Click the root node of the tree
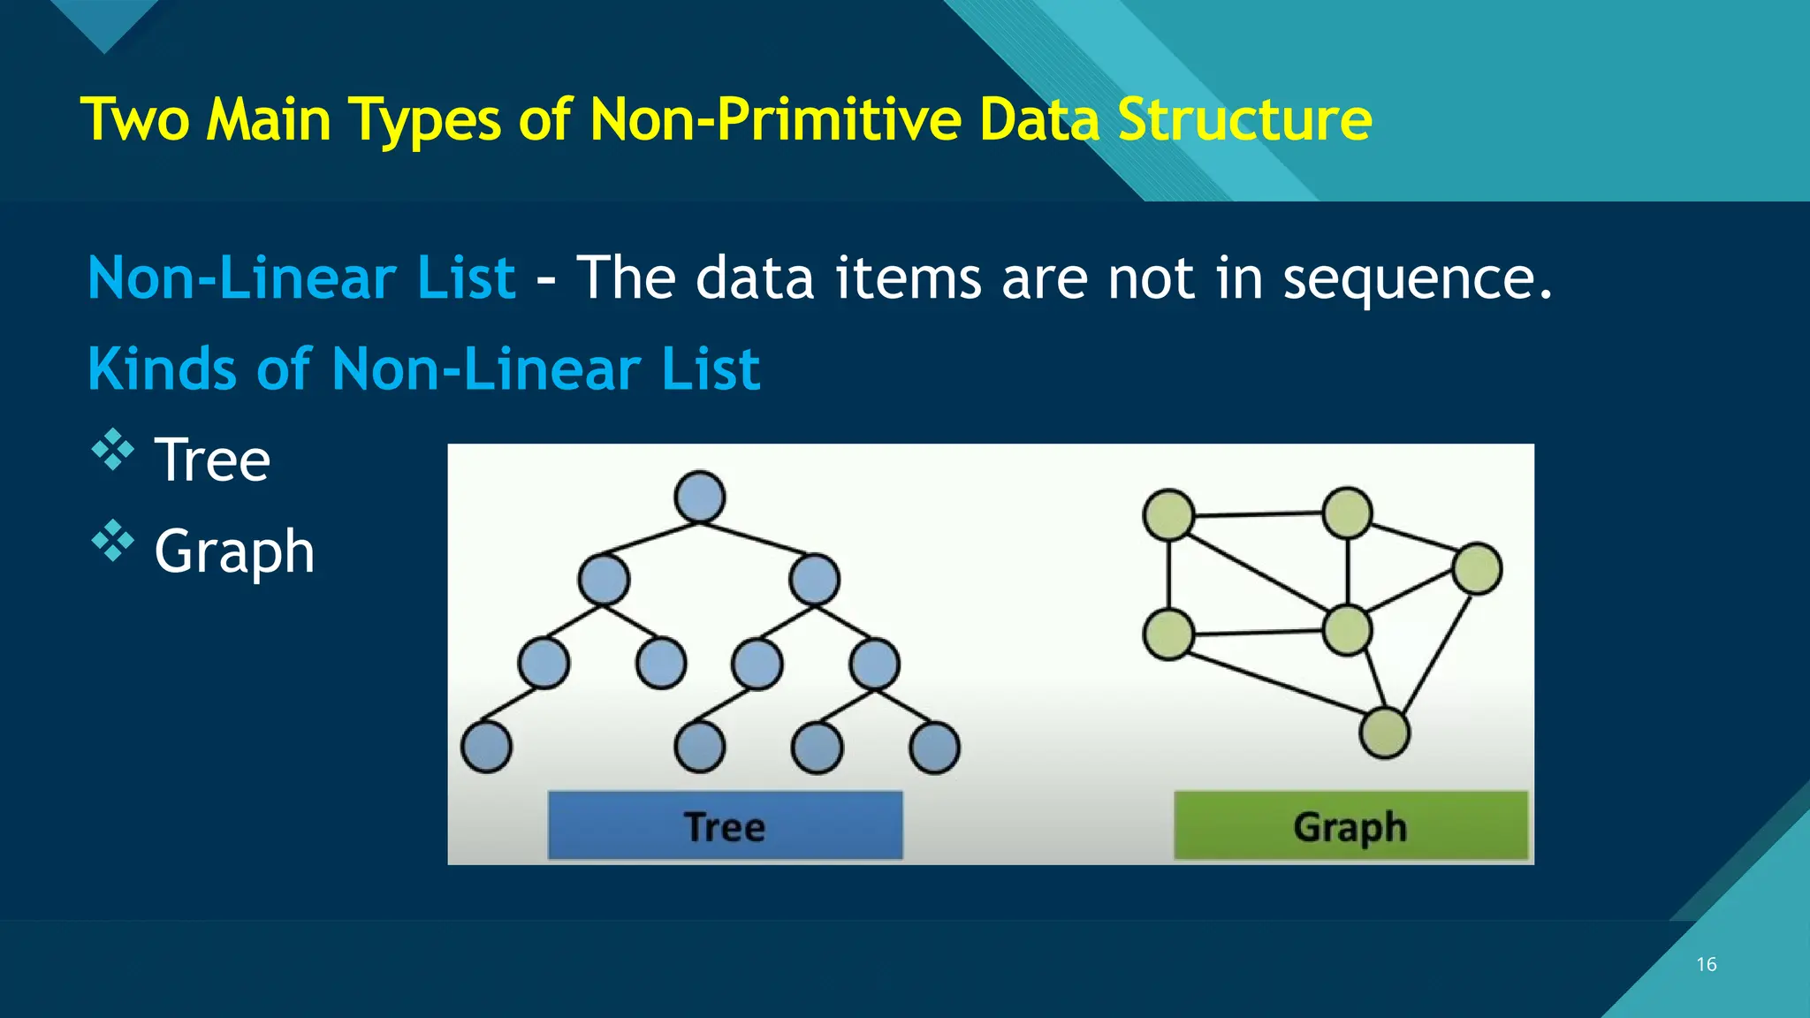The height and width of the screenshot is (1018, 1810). tap(699, 497)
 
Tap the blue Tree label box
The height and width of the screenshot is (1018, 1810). tap(725, 825)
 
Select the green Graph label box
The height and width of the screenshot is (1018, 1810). tap(1350, 825)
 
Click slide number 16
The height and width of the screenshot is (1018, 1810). tap(1706, 964)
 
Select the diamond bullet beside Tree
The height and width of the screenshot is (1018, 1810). tap(113, 449)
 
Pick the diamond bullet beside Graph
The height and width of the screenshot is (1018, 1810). tap(113, 541)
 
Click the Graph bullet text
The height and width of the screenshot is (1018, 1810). tap(234, 551)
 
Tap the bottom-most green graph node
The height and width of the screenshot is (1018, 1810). tap(1384, 733)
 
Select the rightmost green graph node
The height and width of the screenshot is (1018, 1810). tap(1476, 568)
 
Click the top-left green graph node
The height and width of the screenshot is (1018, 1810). tap(1168, 515)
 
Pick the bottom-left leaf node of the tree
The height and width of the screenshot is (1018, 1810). tap(486, 747)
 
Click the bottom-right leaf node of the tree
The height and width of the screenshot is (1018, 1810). tap(934, 748)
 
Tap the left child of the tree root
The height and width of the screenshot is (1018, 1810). tap(604, 580)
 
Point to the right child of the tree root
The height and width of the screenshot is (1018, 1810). tap(814, 580)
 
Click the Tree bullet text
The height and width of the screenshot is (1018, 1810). tap(212, 460)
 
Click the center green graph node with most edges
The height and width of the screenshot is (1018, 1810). tap(1347, 630)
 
